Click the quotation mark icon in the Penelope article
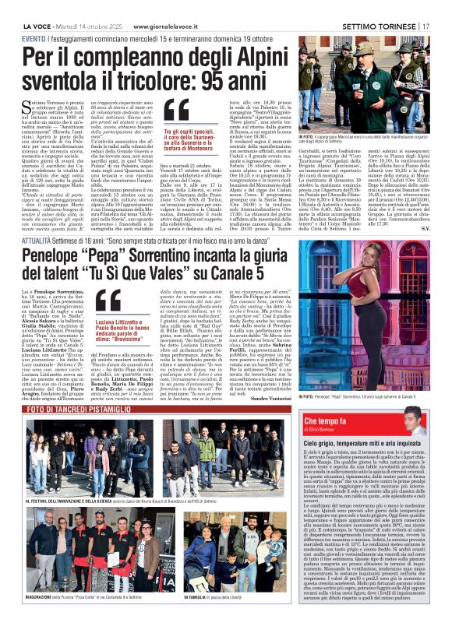(x=108, y=301)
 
